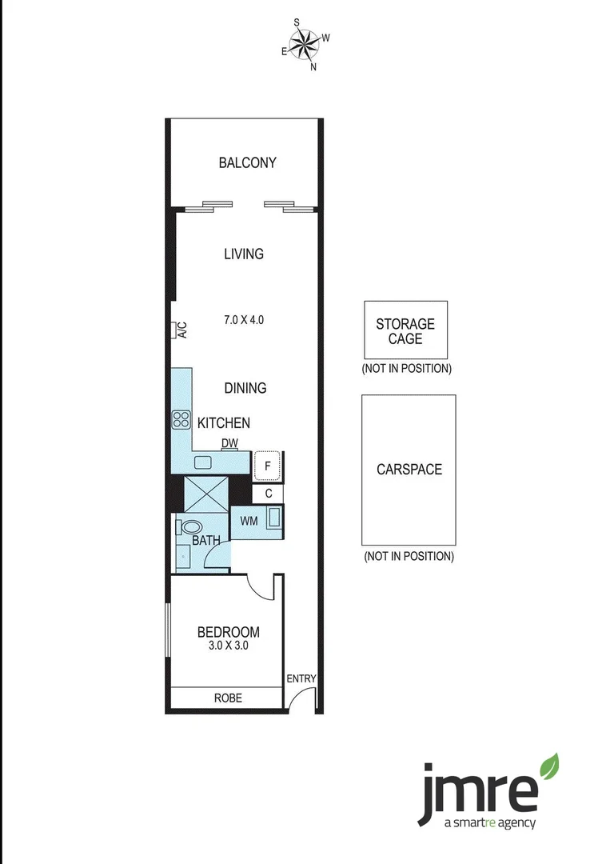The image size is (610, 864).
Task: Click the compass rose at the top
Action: click(305, 45)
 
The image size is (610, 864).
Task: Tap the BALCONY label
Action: click(247, 162)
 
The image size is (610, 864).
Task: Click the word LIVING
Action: click(244, 254)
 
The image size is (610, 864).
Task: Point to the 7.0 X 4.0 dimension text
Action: click(244, 319)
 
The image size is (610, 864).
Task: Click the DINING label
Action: click(245, 388)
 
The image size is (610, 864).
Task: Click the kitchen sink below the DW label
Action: click(203, 462)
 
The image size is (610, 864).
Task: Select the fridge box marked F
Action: click(267, 464)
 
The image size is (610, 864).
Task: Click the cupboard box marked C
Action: click(269, 494)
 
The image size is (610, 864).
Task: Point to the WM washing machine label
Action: click(249, 521)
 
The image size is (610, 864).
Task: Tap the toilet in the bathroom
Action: click(190, 527)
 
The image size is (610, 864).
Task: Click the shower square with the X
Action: click(206, 494)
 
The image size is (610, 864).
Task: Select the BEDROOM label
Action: click(229, 632)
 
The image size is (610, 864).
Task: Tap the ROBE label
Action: click(227, 698)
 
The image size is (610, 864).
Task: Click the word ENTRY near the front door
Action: click(301, 679)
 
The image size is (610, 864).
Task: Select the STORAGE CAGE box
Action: click(405, 330)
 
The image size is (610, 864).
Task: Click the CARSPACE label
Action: click(409, 469)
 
